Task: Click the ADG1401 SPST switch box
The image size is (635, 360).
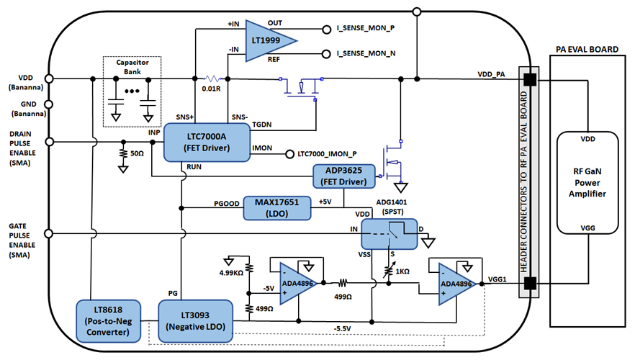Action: coord(389,235)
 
